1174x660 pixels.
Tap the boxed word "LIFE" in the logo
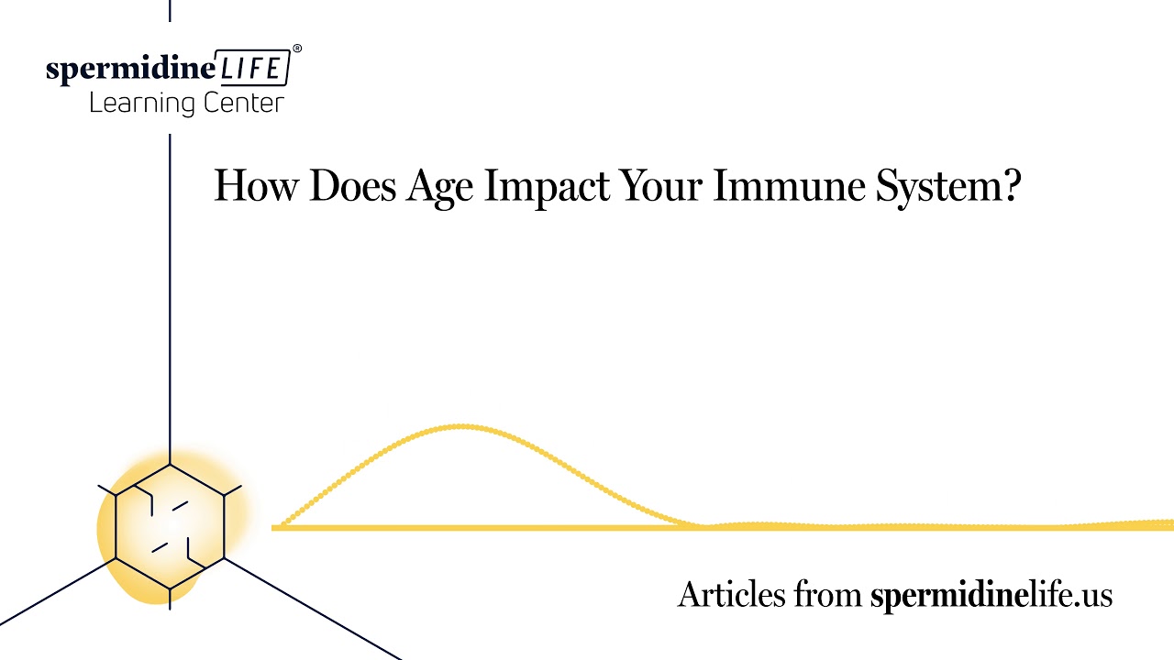click(252, 69)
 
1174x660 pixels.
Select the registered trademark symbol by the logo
click(296, 48)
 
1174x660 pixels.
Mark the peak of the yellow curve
click(461, 426)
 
